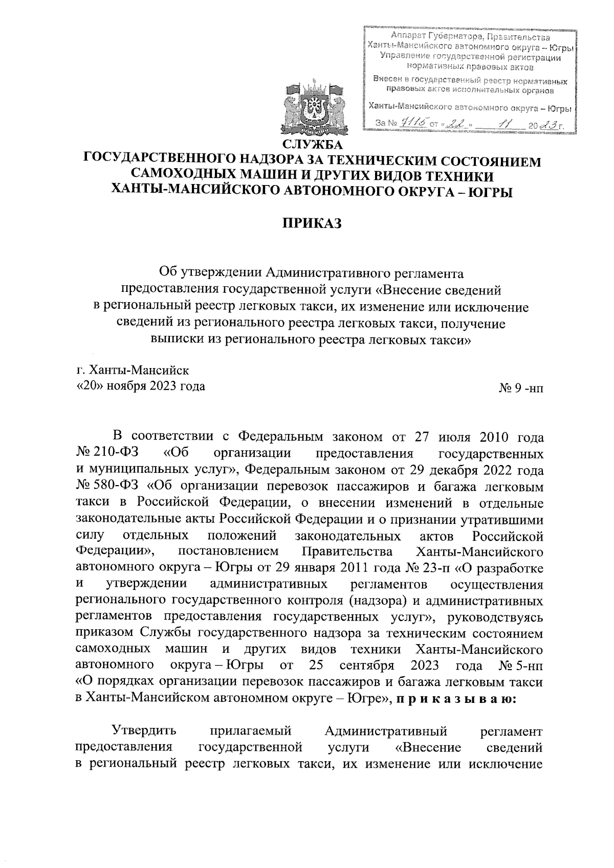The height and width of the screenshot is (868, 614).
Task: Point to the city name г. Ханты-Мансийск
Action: point(132,370)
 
